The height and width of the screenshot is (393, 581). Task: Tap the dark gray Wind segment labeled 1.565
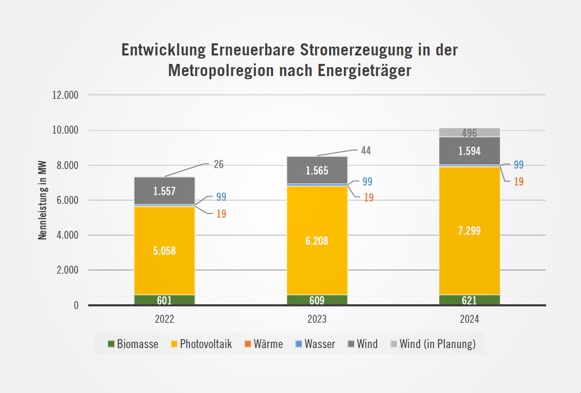tap(317, 170)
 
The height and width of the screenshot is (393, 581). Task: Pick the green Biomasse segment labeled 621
tap(470, 300)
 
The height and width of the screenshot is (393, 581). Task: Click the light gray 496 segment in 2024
tap(470, 133)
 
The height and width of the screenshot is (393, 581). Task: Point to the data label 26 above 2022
tap(219, 164)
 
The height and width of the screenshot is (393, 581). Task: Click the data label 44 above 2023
tap(366, 151)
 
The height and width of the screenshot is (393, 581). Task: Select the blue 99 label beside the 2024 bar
tap(519, 164)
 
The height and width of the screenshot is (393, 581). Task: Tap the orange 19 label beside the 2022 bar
tap(221, 214)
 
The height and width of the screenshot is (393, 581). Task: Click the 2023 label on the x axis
tap(317, 320)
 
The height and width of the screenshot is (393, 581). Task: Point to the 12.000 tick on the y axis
tap(65, 96)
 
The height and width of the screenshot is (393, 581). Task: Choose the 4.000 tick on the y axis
tap(67, 235)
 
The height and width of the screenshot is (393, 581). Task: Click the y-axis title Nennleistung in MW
tap(43, 201)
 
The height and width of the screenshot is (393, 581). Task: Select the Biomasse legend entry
tap(133, 344)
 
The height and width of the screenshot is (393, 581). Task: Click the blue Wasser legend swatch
tap(298, 344)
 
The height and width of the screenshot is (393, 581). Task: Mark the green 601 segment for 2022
tap(165, 300)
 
